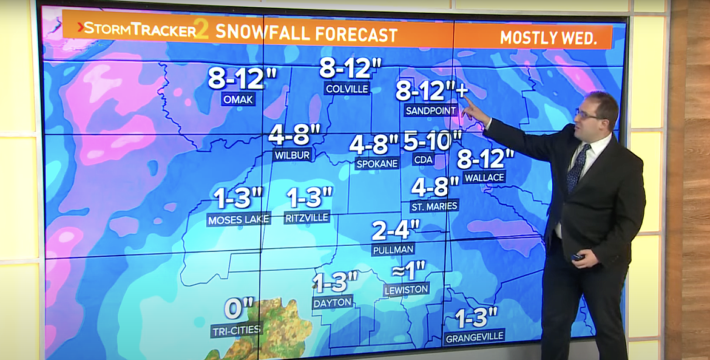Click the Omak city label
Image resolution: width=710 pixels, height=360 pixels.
[238, 99]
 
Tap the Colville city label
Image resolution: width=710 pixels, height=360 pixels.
[347, 89]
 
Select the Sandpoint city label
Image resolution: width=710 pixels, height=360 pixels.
[428, 110]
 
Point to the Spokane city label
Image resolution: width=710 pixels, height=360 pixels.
[377, 163]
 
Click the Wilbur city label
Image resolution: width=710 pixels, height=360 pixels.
[292, 155]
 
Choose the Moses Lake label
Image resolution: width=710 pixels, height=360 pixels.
[238, 220]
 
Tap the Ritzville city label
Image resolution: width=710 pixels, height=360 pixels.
[306, 217]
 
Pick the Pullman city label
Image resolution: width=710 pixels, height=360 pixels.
[393, 249]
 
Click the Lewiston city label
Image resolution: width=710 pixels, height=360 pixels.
[407, 290]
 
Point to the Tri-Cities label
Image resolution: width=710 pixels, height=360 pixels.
[236, 330]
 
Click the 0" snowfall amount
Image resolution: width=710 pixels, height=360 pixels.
[238, 309]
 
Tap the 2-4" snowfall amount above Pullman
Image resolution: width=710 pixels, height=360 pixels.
[396, 230]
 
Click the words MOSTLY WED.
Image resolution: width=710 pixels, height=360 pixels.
[547, 38]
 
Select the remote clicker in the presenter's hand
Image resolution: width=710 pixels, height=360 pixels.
[577, 257]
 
